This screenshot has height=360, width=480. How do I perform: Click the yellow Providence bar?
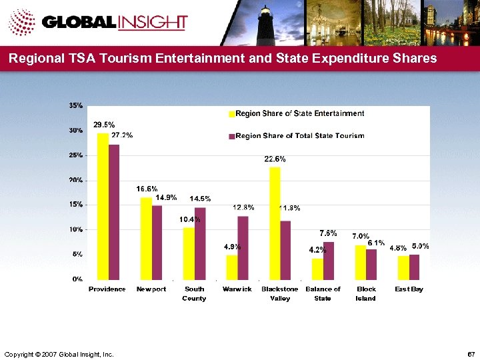pyautogui.click(x=103, y=206)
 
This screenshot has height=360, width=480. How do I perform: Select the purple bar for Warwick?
pyautogui.click(x=243, y=247)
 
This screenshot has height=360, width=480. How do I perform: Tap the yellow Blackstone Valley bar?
pyautogui.click(x=275, y=223)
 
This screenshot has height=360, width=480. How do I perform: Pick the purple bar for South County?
pyautogui.click(x=200, y=243)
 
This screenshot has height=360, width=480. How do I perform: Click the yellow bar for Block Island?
pyautogui.click(x=360, y=262)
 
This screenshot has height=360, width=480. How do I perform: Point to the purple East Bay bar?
pyautogui.click(x=415, y=267)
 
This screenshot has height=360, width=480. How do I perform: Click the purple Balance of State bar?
pyautogui.click(x=329, y=261)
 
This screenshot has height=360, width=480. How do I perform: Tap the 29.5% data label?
pyautogui.click(x=103, y=125)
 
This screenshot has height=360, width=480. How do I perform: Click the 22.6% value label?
pyautogui.click(x=275, y=159)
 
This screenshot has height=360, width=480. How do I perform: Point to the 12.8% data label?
pyautogui.click(x=243, y=208)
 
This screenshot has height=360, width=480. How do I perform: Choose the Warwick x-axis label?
pyautogui.click(x=237, y=289)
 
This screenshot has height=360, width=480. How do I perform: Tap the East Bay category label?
pyautogui.click(x=409, y=289)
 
